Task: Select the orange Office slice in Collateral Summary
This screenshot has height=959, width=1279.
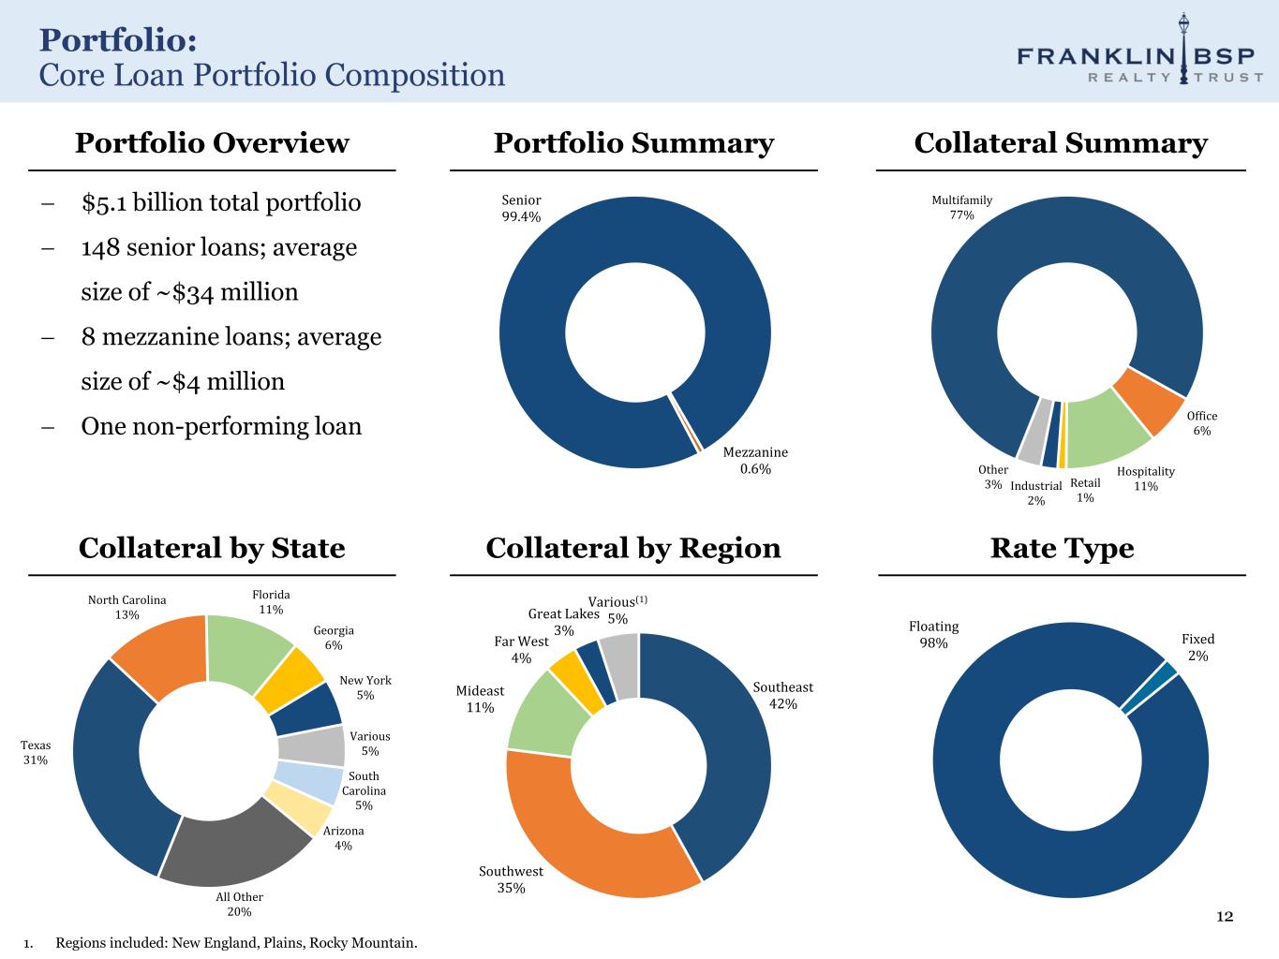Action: [x=1149, y=400]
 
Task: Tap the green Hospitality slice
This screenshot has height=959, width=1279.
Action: [x=1107, y=429]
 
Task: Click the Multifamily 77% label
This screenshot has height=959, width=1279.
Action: [x=961, y=208]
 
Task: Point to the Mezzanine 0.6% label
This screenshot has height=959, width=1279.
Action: [x=755, y=461]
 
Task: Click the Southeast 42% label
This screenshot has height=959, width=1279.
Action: [x=783, y=695]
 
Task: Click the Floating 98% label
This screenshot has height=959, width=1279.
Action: [x=933, y=635]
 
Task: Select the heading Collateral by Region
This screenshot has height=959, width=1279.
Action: [x=633, y=548]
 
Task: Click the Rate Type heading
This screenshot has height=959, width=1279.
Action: [x=1062, y=548]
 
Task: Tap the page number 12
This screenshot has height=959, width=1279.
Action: [x=1225, y=916]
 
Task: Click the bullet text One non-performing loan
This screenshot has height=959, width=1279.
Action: [x=221, y=426]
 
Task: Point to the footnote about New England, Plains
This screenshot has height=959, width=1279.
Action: [x=236, y=942]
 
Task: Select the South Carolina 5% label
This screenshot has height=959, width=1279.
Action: [x=364, y=790]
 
